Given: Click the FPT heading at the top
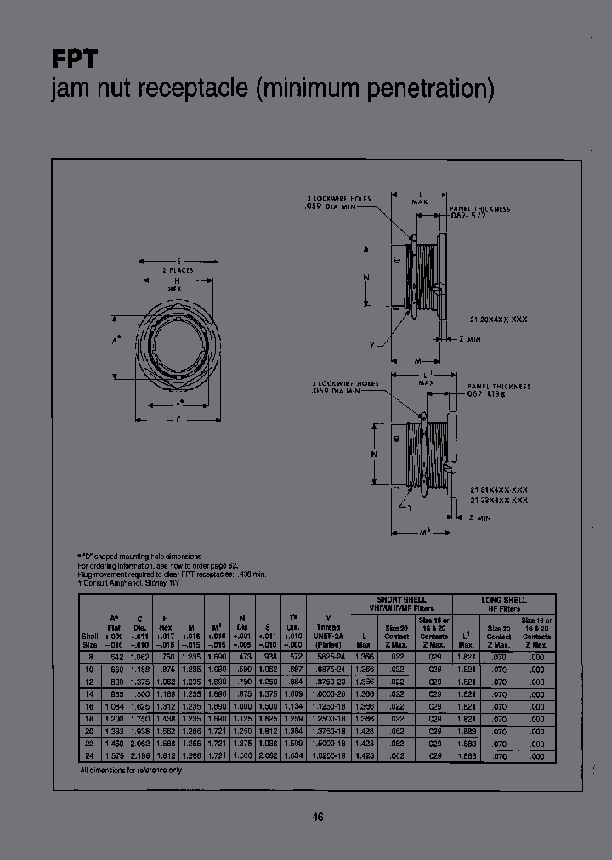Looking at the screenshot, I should click(75, 60).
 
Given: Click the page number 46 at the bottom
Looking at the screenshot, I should click(317, 817).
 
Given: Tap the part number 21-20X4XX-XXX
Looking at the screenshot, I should click(498, 318).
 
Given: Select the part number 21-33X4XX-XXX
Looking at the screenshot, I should click(499, 501).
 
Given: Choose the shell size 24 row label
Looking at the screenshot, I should click(89, 755).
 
